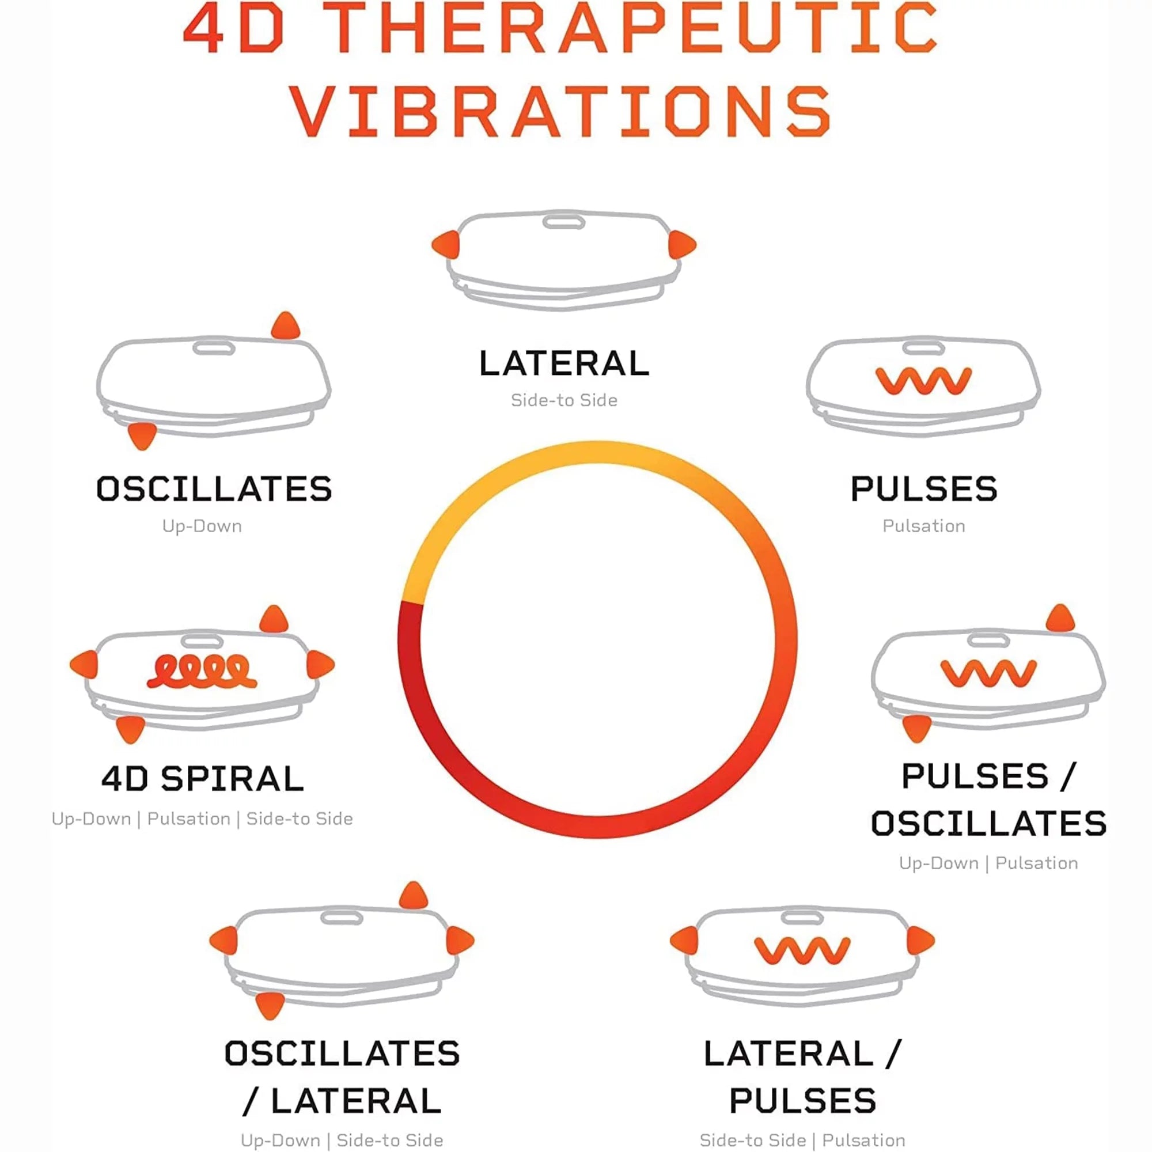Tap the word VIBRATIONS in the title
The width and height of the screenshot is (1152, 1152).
pyautogui.click(x=561, y=111)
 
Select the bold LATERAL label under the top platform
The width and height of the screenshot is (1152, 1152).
pyautogui.click(x=564, y=363)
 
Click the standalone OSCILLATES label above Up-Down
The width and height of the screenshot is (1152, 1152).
pyautogui.click(x=214, y=489)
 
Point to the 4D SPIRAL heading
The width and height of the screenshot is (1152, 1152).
pyautogui.click(x=203, y=779)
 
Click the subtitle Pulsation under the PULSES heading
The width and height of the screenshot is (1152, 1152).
pyautogui.click(x=924, y=526)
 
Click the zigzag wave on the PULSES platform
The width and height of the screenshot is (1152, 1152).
pyautogui.click(x=924, y=380)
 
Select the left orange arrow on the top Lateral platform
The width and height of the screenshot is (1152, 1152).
pyautogui.click(x=446, y=244)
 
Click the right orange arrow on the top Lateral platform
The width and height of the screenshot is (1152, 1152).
pyautogui.click(x=682, y=244)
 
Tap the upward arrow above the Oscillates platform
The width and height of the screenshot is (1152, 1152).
pyautogui.click(x=286, y=325)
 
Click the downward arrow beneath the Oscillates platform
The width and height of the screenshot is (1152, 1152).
pyautogui.click(x=142, y=436)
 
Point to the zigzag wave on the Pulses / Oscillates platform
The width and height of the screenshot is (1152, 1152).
pyautogui.click(x=988, y=673)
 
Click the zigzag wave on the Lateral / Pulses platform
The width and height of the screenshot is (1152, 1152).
pyautogui.click(x=802, y=950)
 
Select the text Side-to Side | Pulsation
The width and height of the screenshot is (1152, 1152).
pyautogui.click(x=802, y=1139)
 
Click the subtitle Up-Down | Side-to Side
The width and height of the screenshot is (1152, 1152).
pyautogui.click(x=342, y=1139)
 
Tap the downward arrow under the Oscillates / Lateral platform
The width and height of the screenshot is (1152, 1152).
pyautogui.click(x=270, y=1006)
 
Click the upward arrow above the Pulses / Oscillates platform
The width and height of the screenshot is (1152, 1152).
pyautogui.click(x=1060, y=618)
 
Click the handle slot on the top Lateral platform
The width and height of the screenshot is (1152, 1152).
pyautogui.click(x=563, y=222)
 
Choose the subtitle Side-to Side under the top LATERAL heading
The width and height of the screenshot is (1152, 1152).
pyautogui.click(x=564, y=400)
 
